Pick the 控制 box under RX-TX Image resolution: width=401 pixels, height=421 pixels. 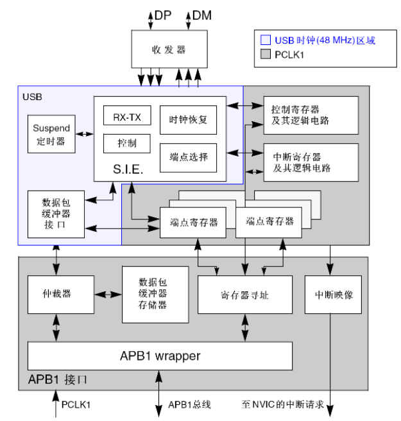[126, 142]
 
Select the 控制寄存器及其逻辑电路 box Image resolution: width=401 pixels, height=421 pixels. [311, 116]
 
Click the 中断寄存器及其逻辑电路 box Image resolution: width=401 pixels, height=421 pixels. [311, 162]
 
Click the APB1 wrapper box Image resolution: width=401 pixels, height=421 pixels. [160, 356]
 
